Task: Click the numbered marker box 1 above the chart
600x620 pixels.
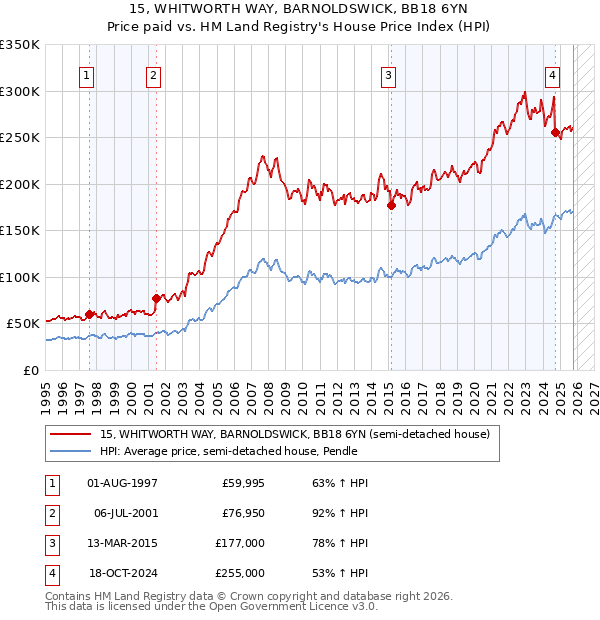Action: click(x=88, y=75)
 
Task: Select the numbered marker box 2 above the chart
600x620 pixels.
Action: click(x=153, y=75)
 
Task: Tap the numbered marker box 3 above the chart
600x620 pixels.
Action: click(x=388, y=75)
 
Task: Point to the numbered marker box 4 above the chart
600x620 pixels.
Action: click(x=552, y=75)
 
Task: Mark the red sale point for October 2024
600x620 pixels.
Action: click(x=555, y=129)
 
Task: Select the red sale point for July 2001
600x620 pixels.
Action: click(x=156, y=297)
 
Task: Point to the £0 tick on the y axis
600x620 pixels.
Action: click(x=31, y=370)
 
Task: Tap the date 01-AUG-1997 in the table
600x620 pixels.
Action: click(x=122, y=483)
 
